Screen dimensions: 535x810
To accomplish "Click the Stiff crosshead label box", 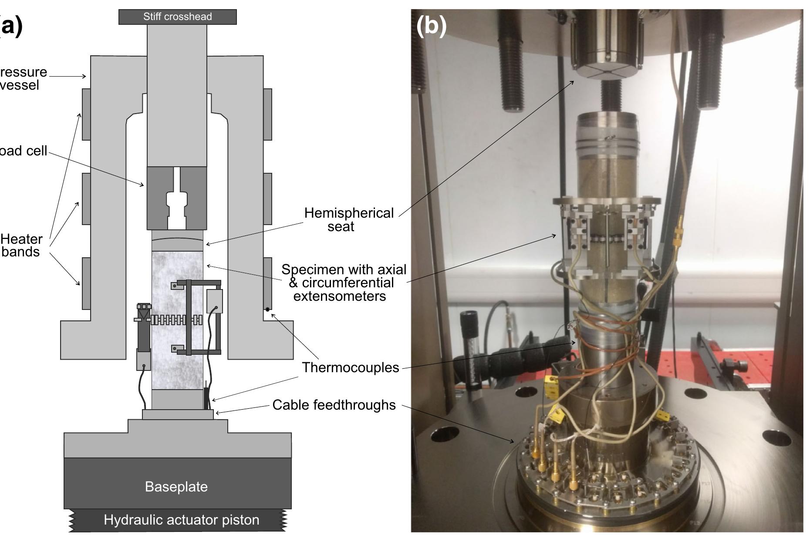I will [177, 17].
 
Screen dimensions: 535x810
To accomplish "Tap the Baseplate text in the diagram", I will [176, 486].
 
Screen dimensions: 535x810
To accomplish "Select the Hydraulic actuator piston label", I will [181, 520].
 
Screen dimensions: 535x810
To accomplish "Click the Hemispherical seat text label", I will [348, 219].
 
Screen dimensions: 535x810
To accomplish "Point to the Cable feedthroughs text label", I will [334, 405].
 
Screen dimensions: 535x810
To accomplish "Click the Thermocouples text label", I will [350, 367].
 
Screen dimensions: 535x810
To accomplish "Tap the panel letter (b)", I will [431, 25].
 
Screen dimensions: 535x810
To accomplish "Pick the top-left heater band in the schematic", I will [86, 114].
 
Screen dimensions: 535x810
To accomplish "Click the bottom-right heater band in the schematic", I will [267, 283].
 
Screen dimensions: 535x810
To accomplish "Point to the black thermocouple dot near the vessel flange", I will [267, 310].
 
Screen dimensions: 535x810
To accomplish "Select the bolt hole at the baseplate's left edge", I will [445, 434].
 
